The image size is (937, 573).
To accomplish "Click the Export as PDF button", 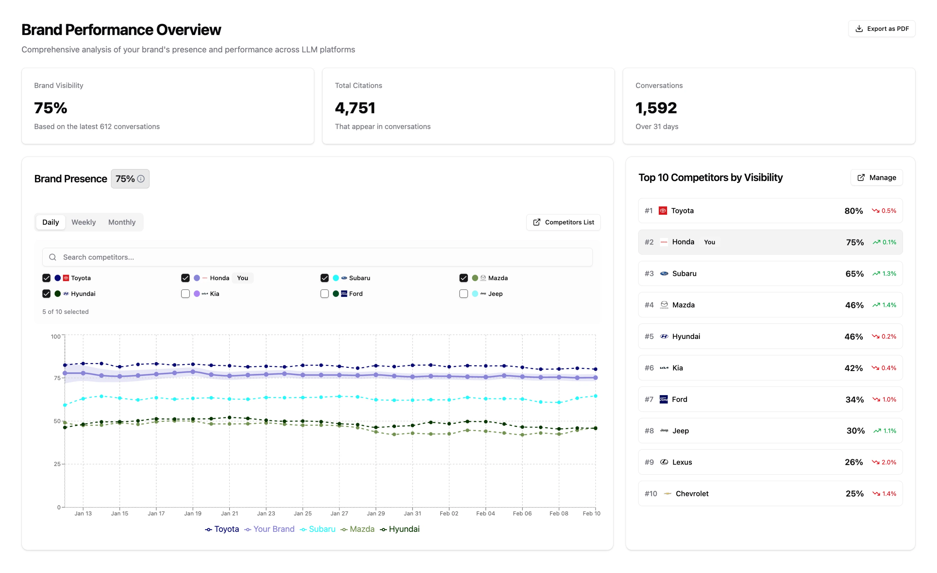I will click(x=881, y=29).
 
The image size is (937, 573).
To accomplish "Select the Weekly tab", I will click(x=83, y=222).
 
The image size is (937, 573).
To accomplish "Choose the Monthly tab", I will click(x=122, y=222).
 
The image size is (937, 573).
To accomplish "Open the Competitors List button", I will click(x=563, y=222).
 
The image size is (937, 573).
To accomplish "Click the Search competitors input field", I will click(x=317, y=257).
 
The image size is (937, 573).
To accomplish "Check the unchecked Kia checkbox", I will click(x=185, y=294).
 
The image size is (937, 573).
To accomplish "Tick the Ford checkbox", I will click(x=324, y=294).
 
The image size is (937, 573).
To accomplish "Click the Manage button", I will click(x=876, y=178).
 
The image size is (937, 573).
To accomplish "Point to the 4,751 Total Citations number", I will click(x=355, y=108).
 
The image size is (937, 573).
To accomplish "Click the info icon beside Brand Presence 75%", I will click(x=141, y=179).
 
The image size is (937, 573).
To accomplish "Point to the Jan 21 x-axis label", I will click(x=229, y=513).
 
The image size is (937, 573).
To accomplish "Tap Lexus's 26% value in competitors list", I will click(x=853, y=462).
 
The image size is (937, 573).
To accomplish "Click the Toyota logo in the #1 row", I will click(x=663, y=211).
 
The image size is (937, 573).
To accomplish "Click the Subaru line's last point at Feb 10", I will click(x=595, y=396).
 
